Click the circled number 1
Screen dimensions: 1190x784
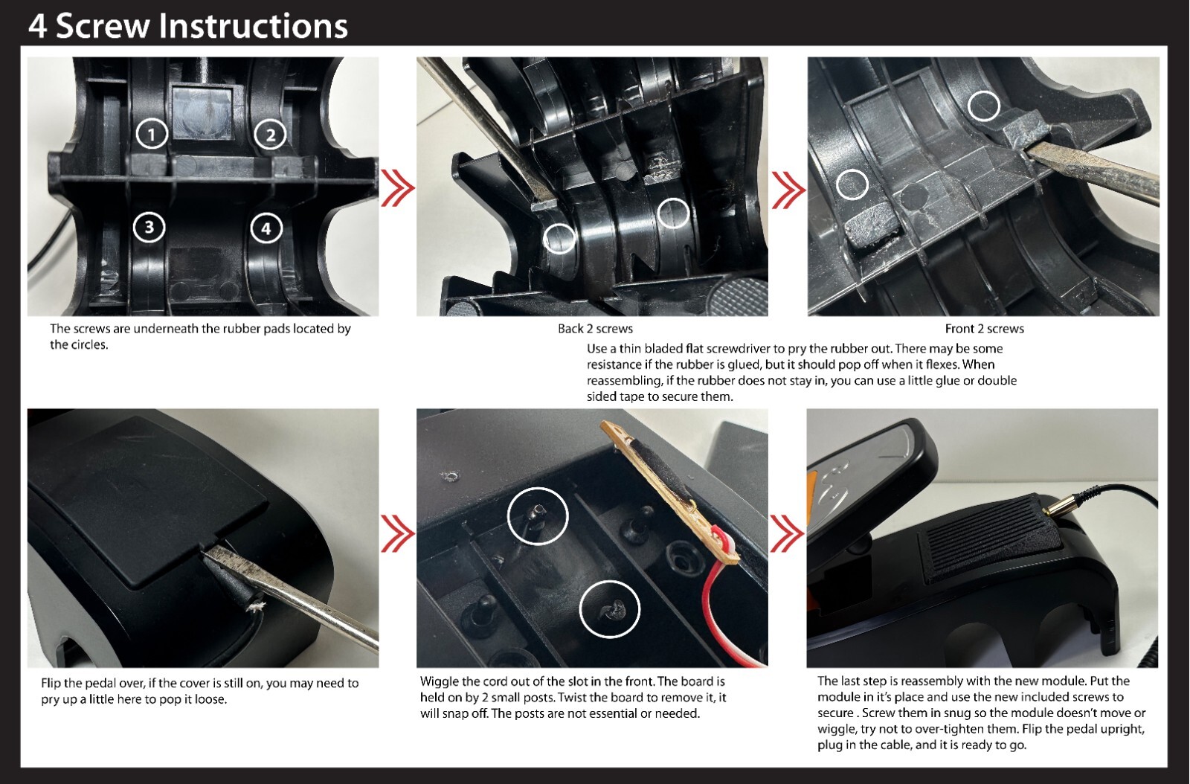[x=152, y=134]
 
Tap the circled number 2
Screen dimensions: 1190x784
[x=270, y=135]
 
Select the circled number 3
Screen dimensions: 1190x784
[x=149, y=228]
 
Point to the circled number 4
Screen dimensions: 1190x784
[x=266, y=228]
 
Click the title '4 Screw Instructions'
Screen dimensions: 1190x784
[x=188, y=25]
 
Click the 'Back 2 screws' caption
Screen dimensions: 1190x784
[x=595, y=329]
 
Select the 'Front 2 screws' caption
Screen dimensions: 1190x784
[x=985, y=329]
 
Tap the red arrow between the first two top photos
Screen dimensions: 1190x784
[x=397, y=187]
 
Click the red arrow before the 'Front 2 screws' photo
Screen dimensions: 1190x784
[x=788, y=190]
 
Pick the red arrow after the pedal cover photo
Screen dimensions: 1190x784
[x=397, y=533]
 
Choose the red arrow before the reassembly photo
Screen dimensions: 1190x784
[x=788, y=533]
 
